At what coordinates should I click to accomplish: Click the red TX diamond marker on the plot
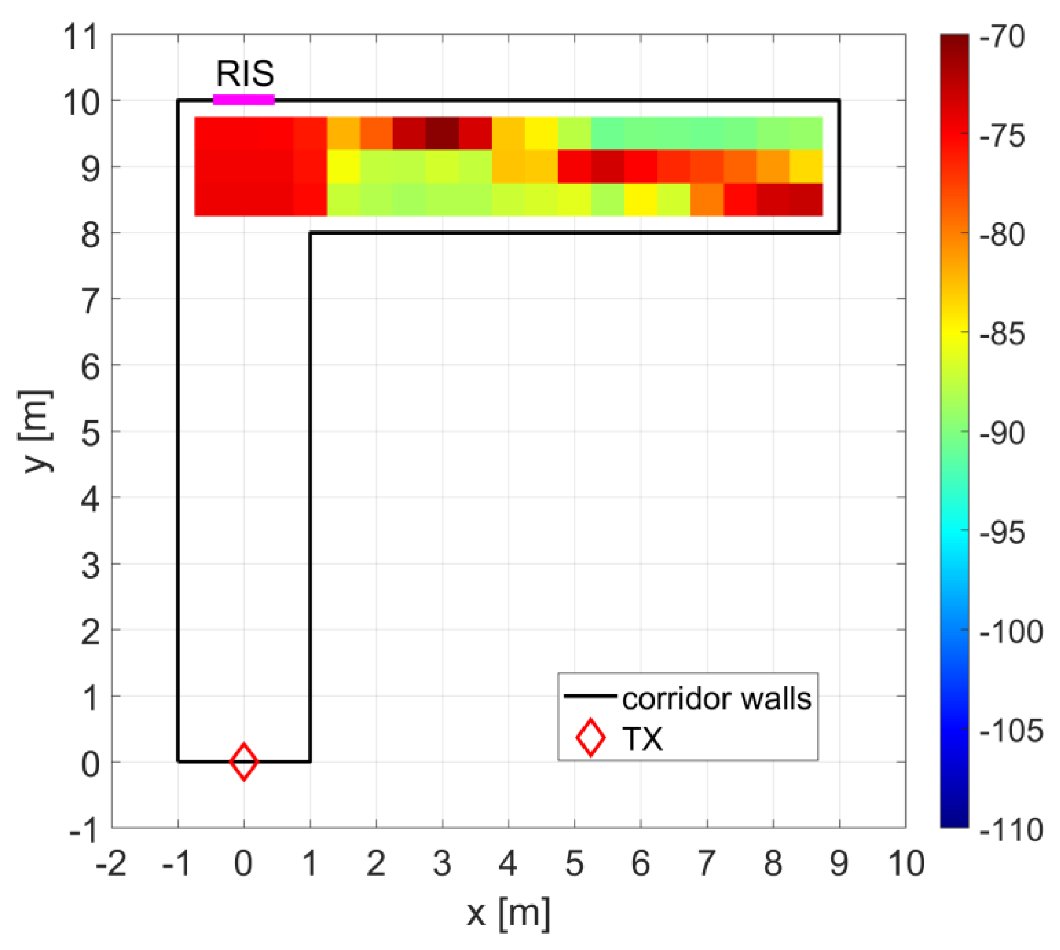[x=244, y=762]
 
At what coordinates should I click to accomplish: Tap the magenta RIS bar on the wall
[x=244, y=100]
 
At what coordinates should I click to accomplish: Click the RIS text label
[x=245, y=74]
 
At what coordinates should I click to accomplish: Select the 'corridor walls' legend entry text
[x=716, y=699]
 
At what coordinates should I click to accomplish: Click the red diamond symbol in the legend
[x=590, y=737]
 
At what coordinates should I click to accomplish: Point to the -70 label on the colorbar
[x=1003, y=37]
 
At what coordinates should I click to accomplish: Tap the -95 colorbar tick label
[x=1003, y=533]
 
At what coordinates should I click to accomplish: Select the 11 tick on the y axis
[x=80, y=37]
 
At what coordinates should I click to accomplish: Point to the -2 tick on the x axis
[x=111, y=863]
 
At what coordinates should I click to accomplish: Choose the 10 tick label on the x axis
[x=906, y=863]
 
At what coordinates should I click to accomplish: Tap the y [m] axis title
[x=37, y=431]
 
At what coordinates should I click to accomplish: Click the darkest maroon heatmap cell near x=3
[x=443, y=134]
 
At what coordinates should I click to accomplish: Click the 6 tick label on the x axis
[x=640, y=863]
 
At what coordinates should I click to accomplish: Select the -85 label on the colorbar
[x=1003, y=334]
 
